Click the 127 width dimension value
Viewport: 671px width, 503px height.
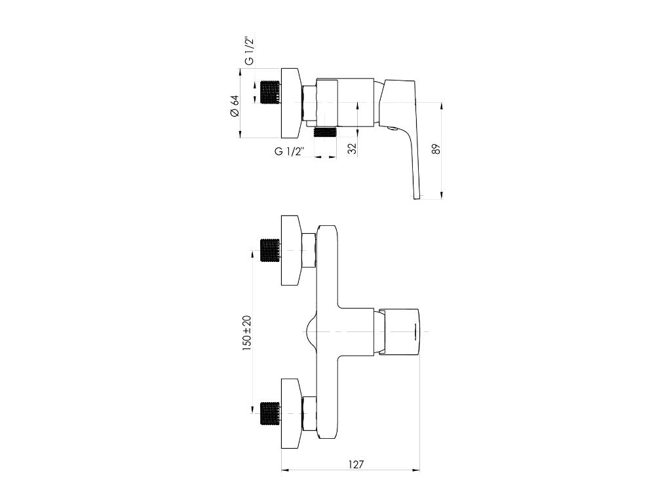[356, 464]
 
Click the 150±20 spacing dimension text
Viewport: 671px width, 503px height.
[247, 333]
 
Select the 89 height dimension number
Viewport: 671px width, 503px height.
[436, 149]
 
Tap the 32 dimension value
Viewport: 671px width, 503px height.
[352, 149]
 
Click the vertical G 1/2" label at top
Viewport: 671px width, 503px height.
[250, 51]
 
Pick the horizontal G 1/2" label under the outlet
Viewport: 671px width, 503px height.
[290, 151]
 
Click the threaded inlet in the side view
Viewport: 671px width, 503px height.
[270, 92]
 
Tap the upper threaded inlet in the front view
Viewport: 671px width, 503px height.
[270, 250]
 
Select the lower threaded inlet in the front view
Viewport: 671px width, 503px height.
[270, 412]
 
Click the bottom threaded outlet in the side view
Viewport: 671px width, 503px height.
[325, 132]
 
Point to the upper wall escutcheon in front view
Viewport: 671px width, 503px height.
[291, 250]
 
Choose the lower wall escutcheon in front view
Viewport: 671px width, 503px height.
[291, 413]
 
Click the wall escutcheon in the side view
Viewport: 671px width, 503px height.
[291, 102]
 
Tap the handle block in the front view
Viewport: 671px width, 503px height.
[401, 331]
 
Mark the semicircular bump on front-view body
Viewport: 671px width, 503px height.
[311, 332]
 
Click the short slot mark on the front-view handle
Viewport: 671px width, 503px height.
[414, 331]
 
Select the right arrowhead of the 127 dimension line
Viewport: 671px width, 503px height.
[417, 470]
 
